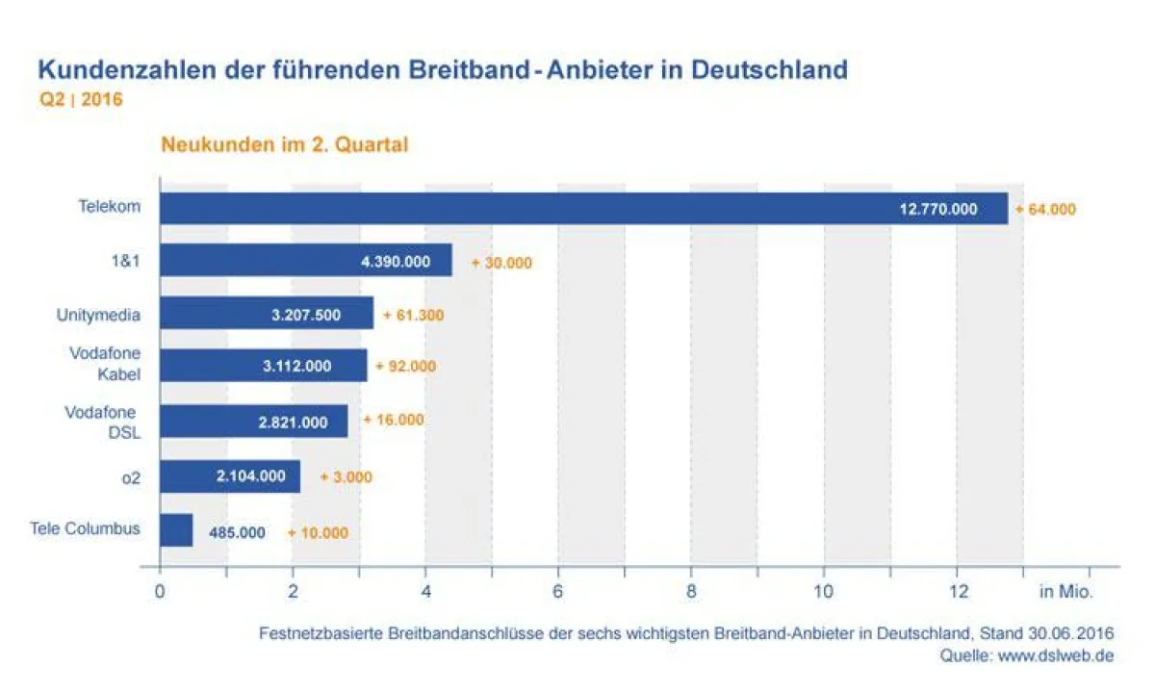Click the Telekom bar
click(583, 208)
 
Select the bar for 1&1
click(305, 261)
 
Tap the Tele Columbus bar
click(176, 530)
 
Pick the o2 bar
click(230, 476)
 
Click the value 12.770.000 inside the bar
click(938, 209)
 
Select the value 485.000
click(237, 532)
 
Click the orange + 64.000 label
click(1045, 209)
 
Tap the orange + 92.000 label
click(405, 367)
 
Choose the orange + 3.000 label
click(346, 476)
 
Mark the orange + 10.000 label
click(318, 532)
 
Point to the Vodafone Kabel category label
click(105, 364)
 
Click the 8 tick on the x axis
click(691, 592)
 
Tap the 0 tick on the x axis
click(160, 592)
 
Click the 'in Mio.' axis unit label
click(1065, 592)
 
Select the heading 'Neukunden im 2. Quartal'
click(285, 145)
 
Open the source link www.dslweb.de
click(1057, 655)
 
